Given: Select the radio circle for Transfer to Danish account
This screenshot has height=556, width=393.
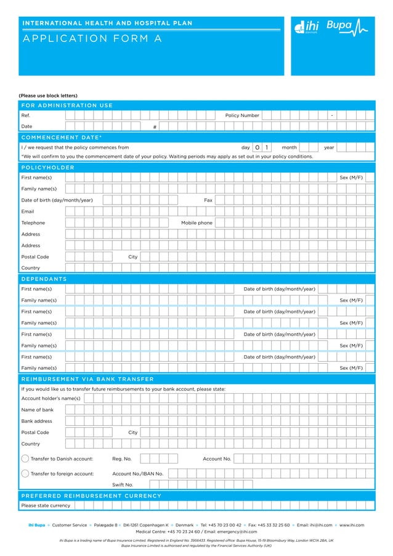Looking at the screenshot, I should (25, 459).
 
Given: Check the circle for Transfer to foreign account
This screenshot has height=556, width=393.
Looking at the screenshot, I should (25, 473).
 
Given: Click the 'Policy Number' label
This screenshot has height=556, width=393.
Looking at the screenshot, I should (242, 115).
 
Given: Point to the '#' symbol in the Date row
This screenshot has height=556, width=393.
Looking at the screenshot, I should (155, 127).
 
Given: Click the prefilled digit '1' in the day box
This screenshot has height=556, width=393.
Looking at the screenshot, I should (267, 148).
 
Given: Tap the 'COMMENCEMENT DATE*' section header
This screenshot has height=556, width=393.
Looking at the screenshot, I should (62, 137).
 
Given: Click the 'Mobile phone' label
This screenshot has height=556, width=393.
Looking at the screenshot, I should (197, 223).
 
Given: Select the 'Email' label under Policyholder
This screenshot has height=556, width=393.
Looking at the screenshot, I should (28, 211).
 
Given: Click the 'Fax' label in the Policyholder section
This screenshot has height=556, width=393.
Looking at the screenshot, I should (208, 200).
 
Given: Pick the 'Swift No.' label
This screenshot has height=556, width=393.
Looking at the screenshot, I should (123, 485).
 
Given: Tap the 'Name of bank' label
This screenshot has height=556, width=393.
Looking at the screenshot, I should (38, 410).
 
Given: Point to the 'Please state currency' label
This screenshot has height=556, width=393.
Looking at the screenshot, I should (46, 505).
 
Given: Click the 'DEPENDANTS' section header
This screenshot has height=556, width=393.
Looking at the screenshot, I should (44, 279).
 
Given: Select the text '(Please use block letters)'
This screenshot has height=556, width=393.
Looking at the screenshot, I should (48, 96).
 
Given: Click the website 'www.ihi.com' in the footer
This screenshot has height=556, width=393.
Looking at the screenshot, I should (352, 525).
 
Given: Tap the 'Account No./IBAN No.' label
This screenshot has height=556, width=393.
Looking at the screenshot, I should (138, 473).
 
